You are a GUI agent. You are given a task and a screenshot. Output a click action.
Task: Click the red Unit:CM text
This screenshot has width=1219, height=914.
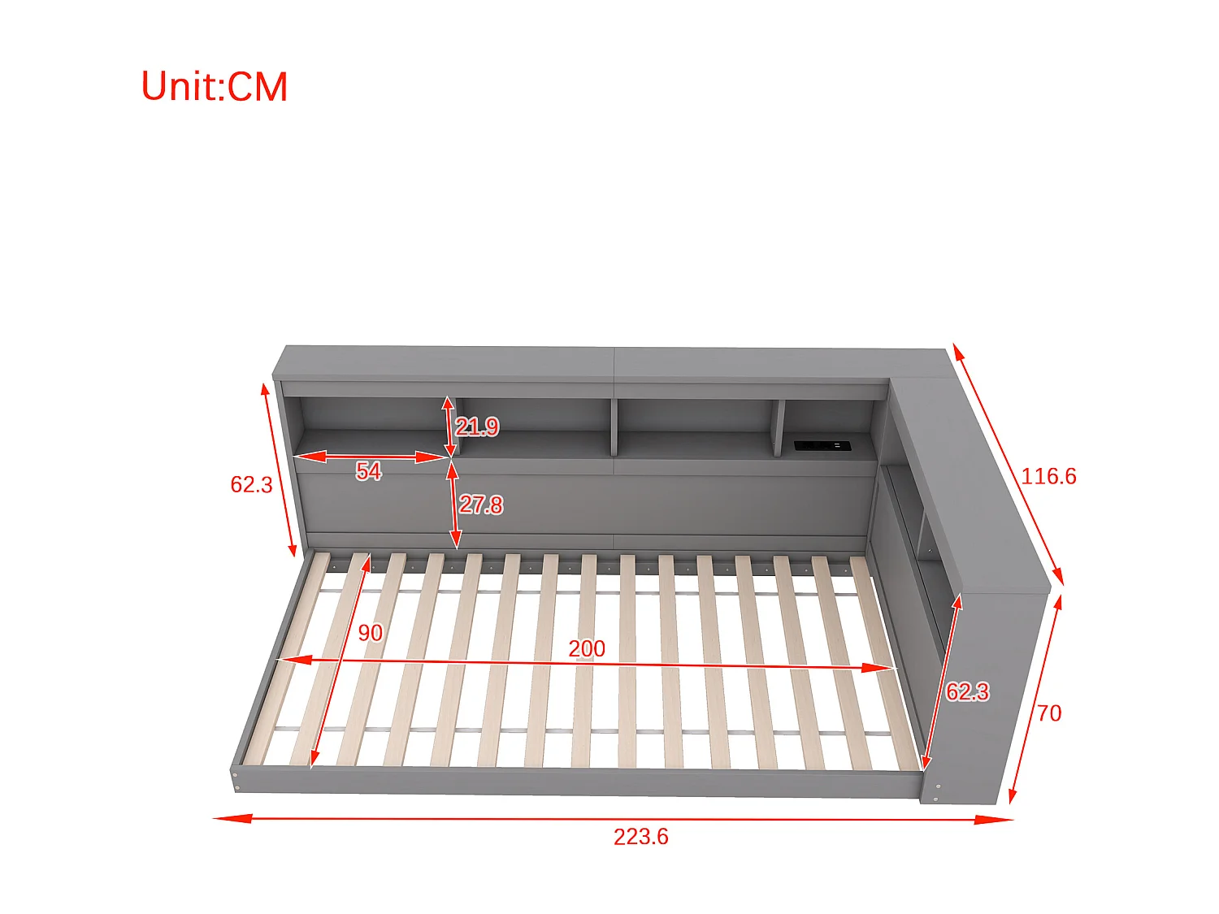tap(215, 87)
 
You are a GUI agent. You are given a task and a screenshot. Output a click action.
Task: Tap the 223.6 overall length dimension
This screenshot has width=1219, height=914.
tap(640, 837)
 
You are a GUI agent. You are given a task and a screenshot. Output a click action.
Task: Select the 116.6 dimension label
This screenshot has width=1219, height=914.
tap(1048, 476)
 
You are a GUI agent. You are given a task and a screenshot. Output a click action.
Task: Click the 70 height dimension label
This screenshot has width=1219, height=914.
tap(1049, 713)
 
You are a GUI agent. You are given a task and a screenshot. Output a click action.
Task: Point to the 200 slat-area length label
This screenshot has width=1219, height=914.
tap(587, 648)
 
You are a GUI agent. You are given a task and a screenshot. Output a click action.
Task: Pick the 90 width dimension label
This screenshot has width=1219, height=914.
tap(370, 633)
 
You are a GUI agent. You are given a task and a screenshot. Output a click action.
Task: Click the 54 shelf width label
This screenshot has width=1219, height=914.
tap(368, 471)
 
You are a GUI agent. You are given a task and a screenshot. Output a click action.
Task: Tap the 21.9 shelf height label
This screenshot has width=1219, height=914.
tap(477, 427)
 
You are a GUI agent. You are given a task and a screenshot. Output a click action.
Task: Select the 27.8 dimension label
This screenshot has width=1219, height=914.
tap(481, 505)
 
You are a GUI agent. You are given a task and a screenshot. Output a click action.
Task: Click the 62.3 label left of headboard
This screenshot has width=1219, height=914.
tap(251, 485)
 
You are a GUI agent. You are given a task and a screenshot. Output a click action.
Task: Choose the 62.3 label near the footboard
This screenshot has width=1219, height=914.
tap(967, 692)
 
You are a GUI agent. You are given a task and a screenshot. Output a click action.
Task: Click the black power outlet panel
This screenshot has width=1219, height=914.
tap(822, 445)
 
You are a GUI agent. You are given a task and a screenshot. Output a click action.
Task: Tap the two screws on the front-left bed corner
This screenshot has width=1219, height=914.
tap(236, 781)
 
